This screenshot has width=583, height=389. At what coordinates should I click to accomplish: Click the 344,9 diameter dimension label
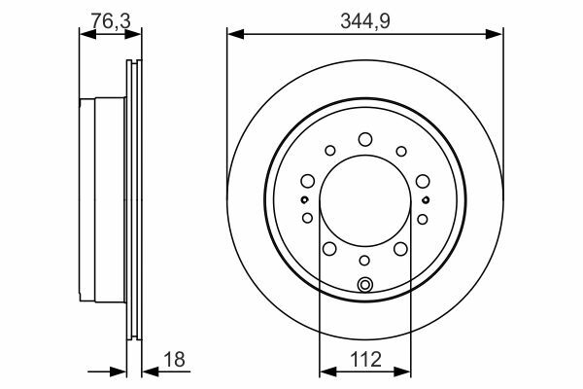365,20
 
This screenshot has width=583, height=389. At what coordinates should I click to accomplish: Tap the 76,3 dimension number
111,20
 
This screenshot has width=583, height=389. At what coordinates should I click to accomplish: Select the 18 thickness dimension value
174,359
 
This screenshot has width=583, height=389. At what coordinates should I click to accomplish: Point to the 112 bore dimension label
365,360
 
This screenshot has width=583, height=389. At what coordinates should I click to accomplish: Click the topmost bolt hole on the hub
365,139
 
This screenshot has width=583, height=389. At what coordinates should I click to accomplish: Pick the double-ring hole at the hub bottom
364,285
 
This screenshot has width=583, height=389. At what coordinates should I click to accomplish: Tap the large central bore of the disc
365,200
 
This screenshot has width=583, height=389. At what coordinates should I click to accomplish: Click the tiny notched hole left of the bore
304,200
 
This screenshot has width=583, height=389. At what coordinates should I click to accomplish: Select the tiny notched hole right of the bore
426,200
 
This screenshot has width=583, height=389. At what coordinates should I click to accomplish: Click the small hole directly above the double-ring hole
364,261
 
